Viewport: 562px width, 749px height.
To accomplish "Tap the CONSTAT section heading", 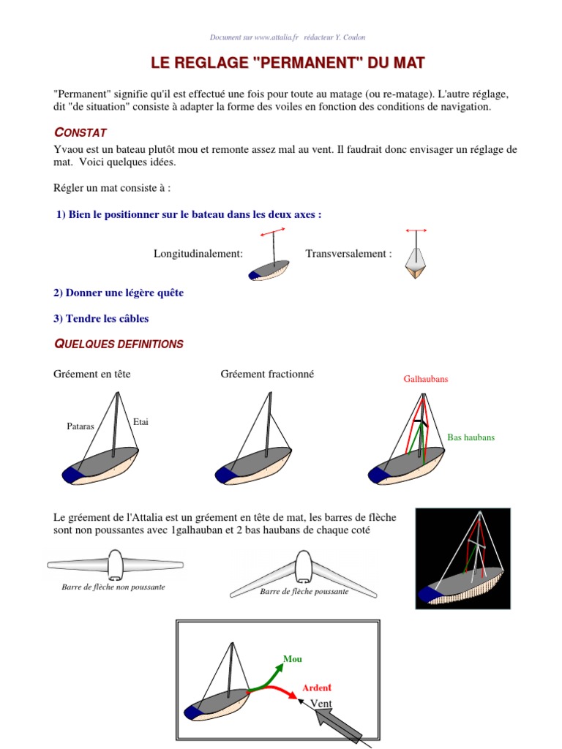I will [80, 132].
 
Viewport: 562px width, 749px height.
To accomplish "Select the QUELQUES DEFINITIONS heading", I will [119, 344].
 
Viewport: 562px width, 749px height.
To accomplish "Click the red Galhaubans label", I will [425, 380].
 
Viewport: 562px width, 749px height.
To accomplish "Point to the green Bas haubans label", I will [471, 437].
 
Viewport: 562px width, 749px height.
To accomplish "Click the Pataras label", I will [80, 426].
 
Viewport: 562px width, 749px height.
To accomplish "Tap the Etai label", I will [141, 422].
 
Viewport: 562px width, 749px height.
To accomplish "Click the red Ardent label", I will [317, 688].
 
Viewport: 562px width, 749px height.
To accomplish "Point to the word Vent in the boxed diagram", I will [322, 704].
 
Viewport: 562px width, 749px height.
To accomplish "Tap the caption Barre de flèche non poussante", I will [113, 587].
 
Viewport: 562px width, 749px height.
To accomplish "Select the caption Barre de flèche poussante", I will [304, 591].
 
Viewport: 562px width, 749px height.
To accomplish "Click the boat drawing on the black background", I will [462, 558].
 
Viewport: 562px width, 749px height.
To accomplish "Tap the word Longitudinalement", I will [198, 254].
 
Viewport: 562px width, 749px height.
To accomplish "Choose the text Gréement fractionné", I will [267, 374].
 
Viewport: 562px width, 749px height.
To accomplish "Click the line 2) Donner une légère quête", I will [119, 293].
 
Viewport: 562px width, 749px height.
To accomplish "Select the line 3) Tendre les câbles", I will [101, 318].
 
